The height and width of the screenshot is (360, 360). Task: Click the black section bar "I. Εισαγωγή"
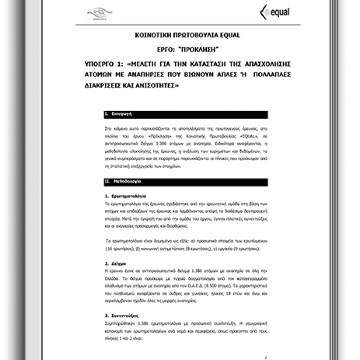click(185, 114)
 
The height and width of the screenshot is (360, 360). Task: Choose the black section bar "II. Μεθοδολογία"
click(185, 182)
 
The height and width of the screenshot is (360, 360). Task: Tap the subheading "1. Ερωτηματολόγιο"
click(125, 196)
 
